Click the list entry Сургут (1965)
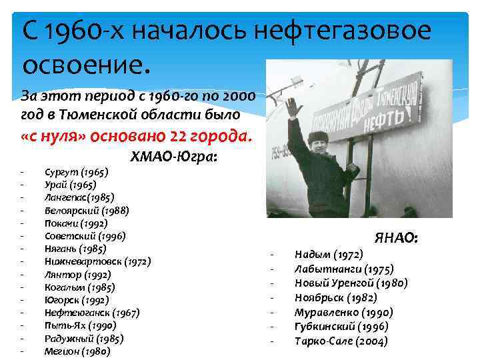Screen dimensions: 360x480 (76, 172)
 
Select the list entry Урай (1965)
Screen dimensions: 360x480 (70, 185)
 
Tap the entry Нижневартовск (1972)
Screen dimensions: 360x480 (97, 262)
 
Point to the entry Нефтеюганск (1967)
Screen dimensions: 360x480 (92, 313)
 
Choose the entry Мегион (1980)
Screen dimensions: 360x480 (77, 351)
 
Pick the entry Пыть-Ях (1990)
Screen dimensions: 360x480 (80, 326)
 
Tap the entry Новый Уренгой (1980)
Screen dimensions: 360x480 (351, 283)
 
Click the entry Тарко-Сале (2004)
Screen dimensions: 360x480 (341, 341)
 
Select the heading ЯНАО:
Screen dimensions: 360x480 (396, 238)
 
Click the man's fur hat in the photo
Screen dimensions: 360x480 (318, 137)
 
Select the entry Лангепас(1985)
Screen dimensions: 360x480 (79, 197)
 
